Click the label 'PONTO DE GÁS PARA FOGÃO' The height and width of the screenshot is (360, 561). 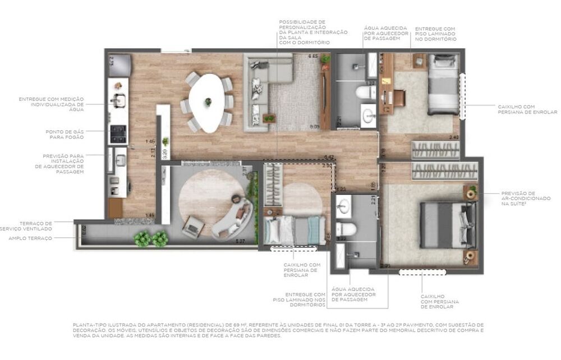pos(65,134)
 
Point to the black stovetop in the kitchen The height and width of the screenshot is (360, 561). pos(118,134)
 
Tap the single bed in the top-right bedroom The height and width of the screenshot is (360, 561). pos(443,84)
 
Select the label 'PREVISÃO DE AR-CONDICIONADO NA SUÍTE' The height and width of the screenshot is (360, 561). pos(519,198)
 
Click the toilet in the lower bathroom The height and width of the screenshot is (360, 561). pos(347,228)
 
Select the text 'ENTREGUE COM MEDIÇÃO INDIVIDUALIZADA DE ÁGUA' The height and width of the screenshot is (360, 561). pos(51,104)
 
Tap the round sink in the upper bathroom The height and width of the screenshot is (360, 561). pos(369,116)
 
